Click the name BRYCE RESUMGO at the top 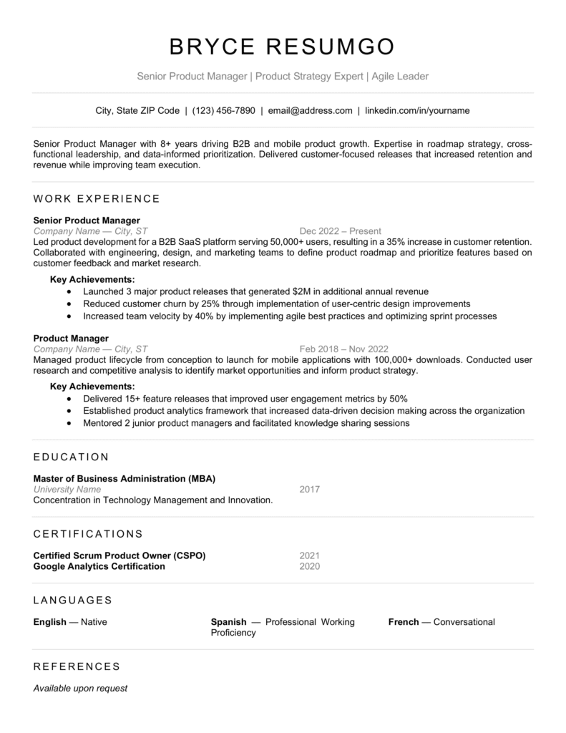pos(283,47)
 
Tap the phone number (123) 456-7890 pos(223,111)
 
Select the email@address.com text pos(311,111)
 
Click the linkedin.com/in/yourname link pos(417,111)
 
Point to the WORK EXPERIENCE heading pos(97,198)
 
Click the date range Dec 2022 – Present pos(340,231)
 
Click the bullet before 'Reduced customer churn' pos(69,304)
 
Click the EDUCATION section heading pos(71,457)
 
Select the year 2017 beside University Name pos(310,490)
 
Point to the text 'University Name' pos(67,490)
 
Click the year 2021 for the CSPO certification pos(310,555)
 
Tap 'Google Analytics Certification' pos(99,566)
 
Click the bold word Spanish pos(228,622)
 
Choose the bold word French pos(404,622)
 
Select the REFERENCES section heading pos(77,666)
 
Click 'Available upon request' pos(80,689)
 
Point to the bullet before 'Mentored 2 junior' pos(69,423)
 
